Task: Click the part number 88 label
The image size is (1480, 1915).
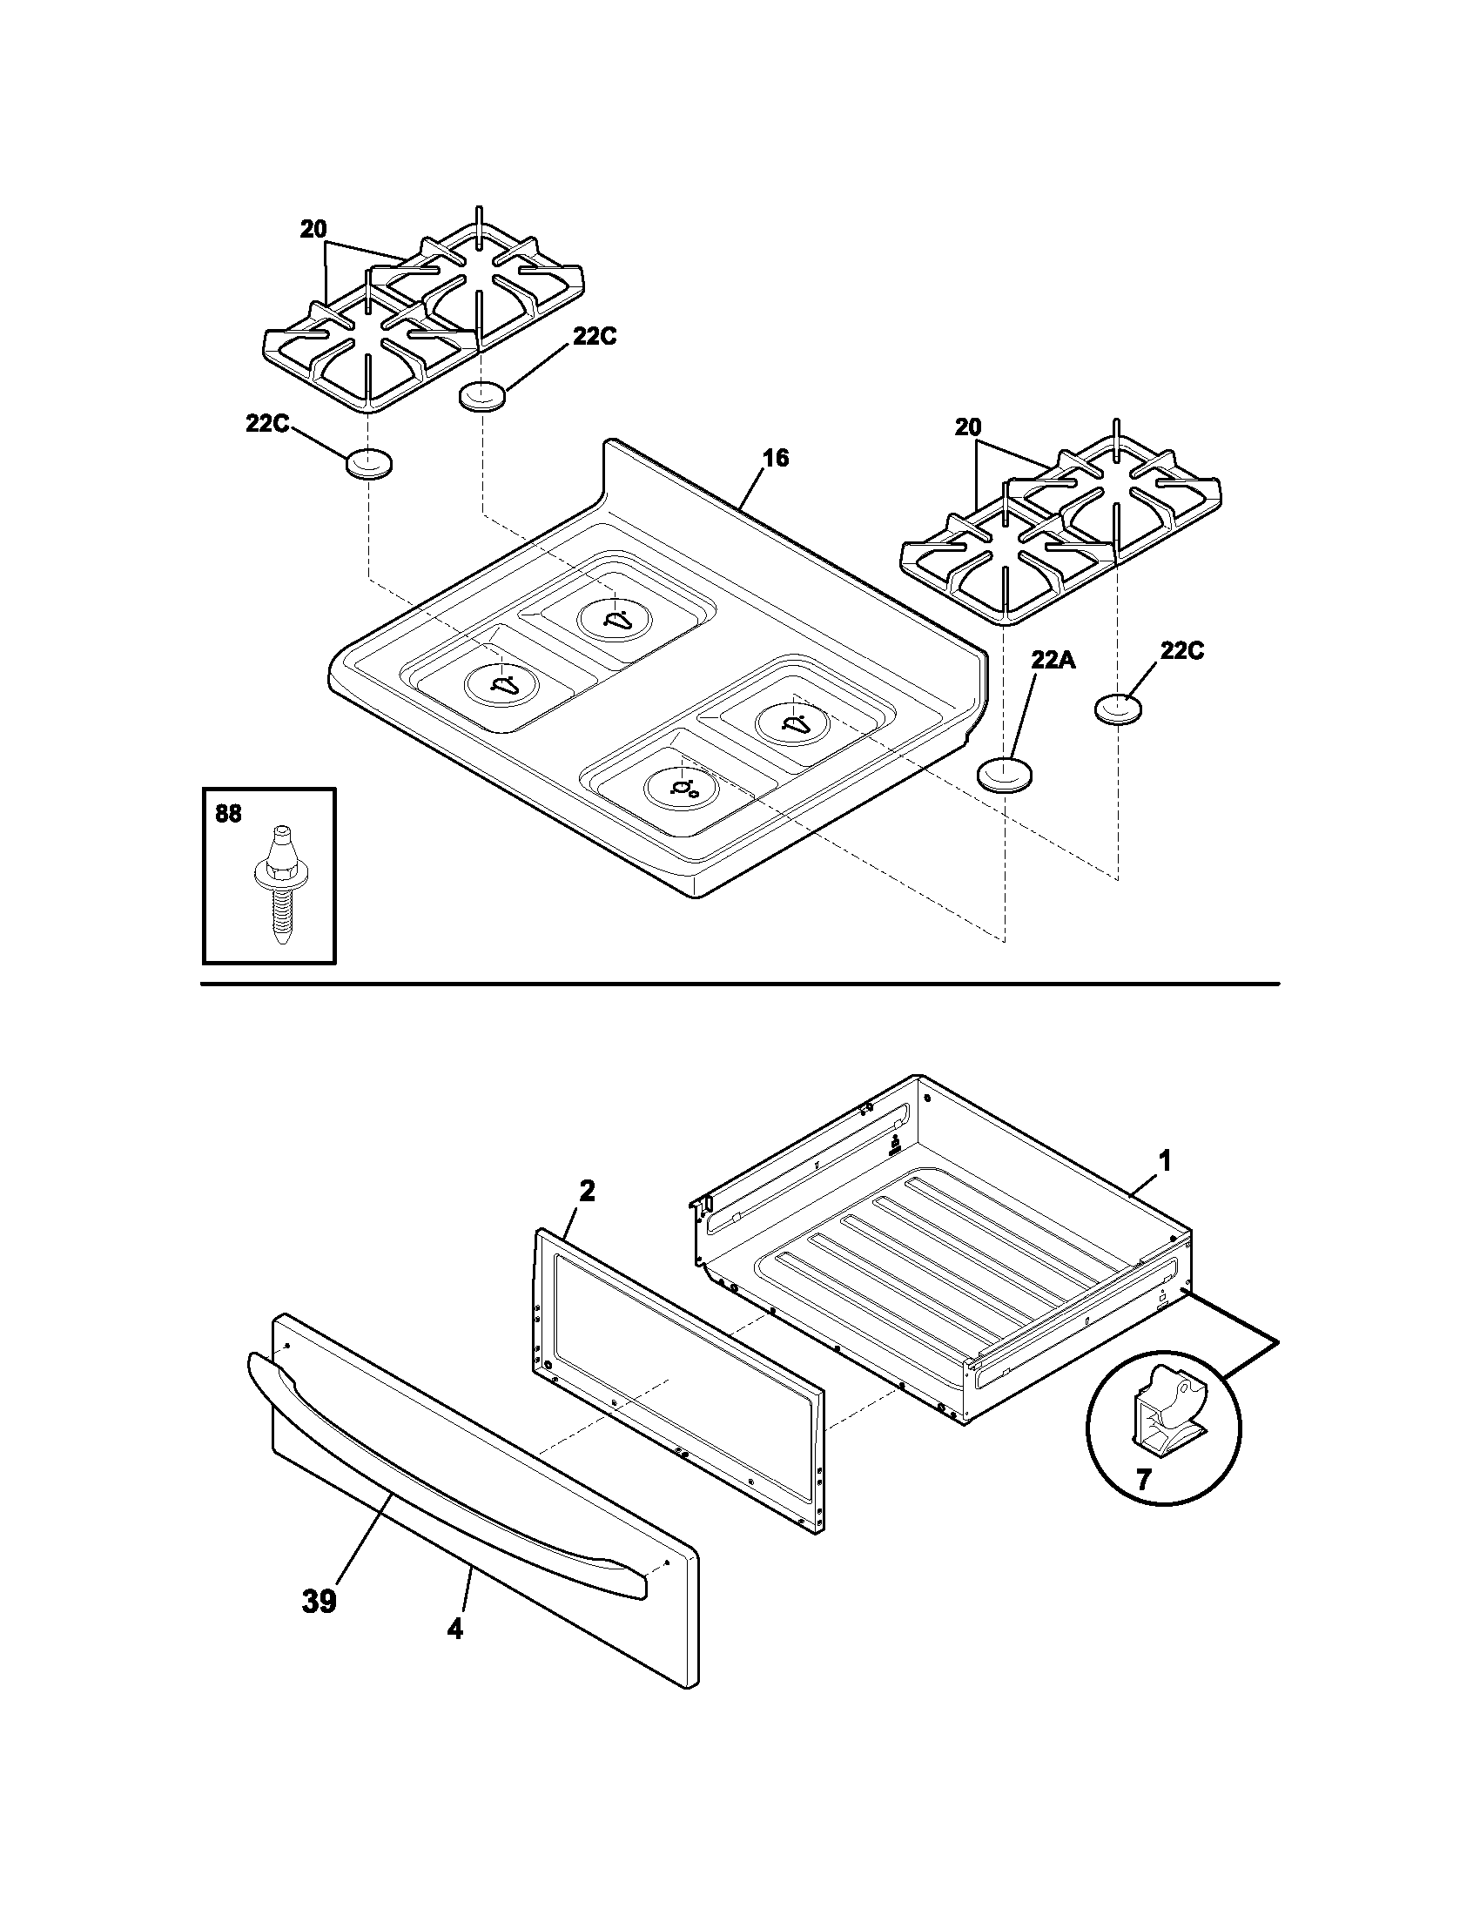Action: [228, 814]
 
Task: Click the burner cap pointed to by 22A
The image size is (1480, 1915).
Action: [1004, 776]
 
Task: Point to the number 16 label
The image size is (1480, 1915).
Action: [775, 458]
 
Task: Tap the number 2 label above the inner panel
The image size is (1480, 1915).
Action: [587, 1191]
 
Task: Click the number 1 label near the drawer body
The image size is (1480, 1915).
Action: [1164, 1161]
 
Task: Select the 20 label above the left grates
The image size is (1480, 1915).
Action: [313, 230]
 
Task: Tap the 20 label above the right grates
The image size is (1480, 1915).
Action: [968, 428]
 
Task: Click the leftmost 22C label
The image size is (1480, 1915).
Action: [266, 423]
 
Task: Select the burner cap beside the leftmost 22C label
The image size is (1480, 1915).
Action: [368, 463]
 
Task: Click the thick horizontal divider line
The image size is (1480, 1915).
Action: [740, 984]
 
